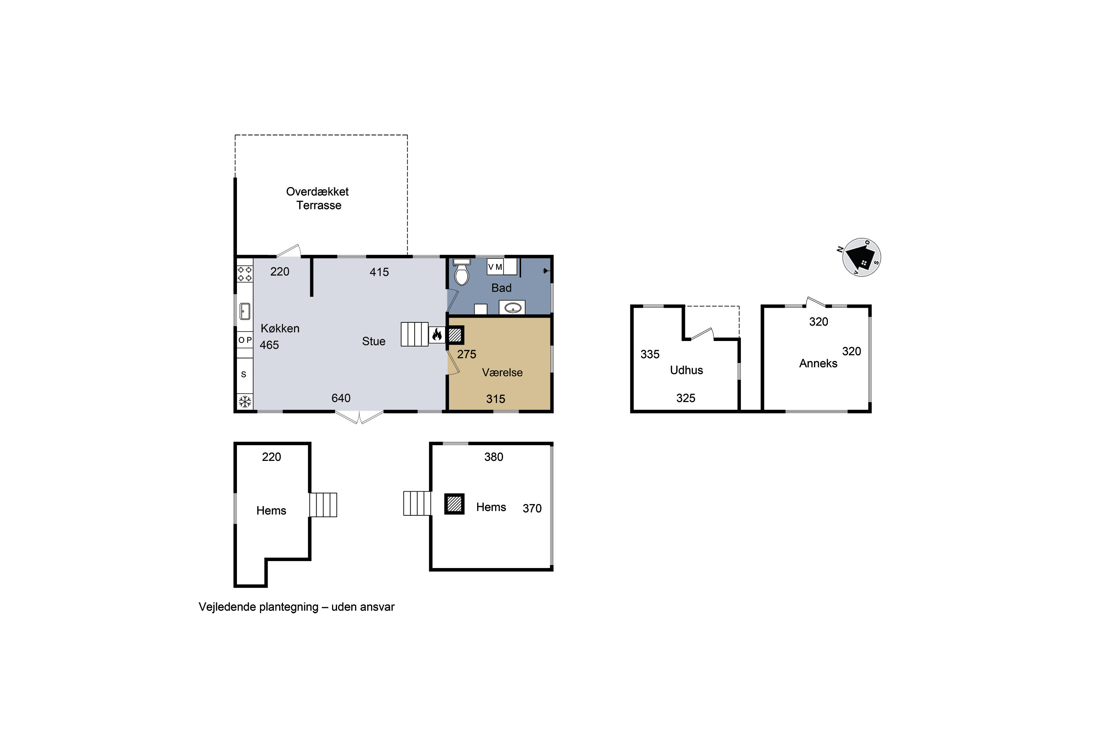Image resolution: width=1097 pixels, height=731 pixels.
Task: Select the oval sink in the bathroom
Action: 513,308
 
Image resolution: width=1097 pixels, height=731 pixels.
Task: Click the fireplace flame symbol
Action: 437,334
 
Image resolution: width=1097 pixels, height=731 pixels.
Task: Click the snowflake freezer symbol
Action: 245,401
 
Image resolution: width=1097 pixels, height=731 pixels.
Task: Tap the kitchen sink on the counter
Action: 245,311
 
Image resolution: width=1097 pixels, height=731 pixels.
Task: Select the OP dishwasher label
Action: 245,340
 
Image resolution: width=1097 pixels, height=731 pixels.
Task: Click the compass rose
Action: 861,257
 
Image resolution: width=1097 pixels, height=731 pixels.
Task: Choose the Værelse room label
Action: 502,372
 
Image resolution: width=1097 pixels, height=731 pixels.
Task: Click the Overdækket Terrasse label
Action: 318,198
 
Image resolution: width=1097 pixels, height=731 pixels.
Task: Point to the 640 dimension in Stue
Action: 341,398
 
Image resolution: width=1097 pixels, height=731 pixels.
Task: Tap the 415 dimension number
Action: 379,272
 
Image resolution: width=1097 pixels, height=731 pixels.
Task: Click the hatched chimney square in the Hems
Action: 454,504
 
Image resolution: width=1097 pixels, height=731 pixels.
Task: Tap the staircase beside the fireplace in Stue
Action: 415,334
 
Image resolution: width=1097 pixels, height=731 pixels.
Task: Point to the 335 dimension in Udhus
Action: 650,354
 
